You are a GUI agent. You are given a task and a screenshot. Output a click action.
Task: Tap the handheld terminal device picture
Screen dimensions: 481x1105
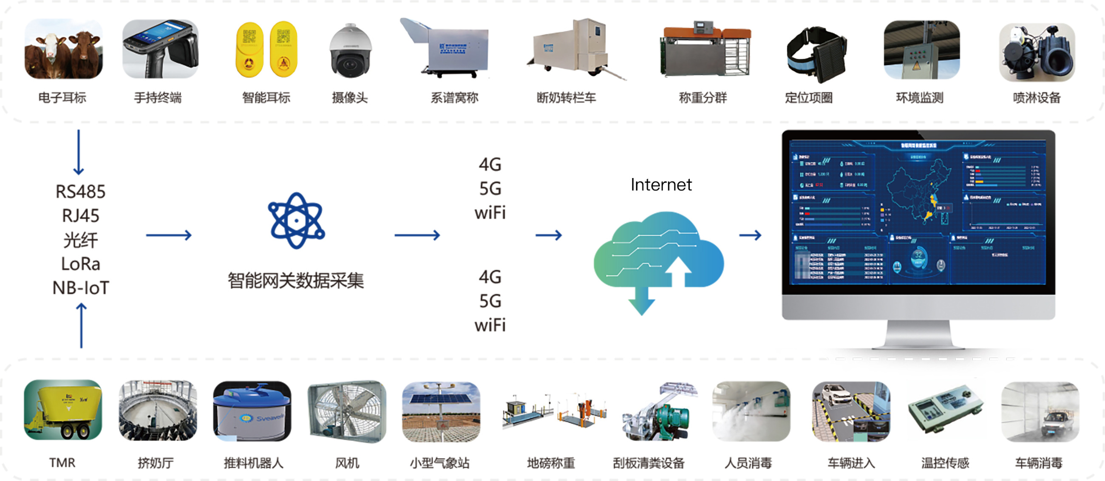pos(160,49)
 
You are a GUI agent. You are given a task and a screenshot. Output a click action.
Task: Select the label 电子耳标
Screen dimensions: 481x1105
pos(62,98)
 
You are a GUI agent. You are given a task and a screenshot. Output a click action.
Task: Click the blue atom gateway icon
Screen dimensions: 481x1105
pos(296,221)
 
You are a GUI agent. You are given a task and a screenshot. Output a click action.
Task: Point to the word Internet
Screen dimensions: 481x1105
pos(660,185)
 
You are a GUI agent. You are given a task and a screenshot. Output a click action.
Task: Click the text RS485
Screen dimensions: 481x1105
pos(80,192)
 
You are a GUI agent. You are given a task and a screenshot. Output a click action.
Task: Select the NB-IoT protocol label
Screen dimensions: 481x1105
pos(81,288)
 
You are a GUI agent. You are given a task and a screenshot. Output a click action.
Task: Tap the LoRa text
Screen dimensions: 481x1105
pos(81,263)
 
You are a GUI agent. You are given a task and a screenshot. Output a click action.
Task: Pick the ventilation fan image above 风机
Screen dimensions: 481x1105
pos(347,412)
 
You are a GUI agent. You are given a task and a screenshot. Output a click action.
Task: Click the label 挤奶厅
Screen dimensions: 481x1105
pos(156,463)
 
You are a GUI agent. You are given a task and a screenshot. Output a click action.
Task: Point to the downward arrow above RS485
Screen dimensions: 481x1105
pos(79,153)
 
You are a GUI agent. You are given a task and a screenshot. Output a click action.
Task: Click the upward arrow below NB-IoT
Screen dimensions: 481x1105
pos(81,326)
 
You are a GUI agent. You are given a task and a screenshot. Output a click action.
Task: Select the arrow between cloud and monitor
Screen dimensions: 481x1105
pos(750,235)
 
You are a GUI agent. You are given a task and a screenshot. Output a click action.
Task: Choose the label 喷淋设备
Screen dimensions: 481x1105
pos(1037,98)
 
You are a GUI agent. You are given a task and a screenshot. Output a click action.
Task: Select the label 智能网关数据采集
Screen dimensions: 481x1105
pos(295,281)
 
